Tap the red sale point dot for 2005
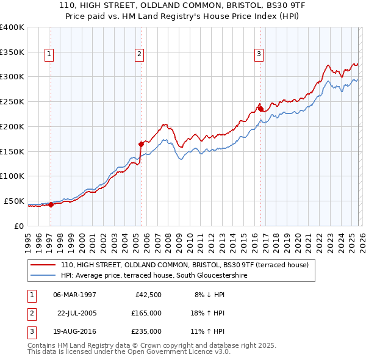click(141, 144)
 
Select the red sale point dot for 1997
click(51, 204)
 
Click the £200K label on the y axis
click(12, 126)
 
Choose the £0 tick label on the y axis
click(18, 226)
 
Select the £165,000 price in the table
click(146, 313)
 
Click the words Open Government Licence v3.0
click(184, 353)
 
